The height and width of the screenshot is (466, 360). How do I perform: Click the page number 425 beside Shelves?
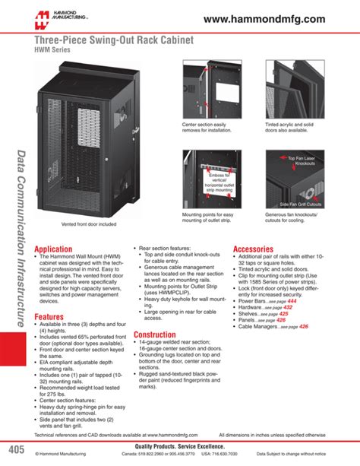click(305, 314)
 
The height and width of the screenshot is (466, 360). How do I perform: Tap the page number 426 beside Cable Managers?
click(325, 327)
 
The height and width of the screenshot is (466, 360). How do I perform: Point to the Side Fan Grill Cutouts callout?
click(301, 204)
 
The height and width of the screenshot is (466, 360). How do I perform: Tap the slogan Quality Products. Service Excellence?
click(180, 446)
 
